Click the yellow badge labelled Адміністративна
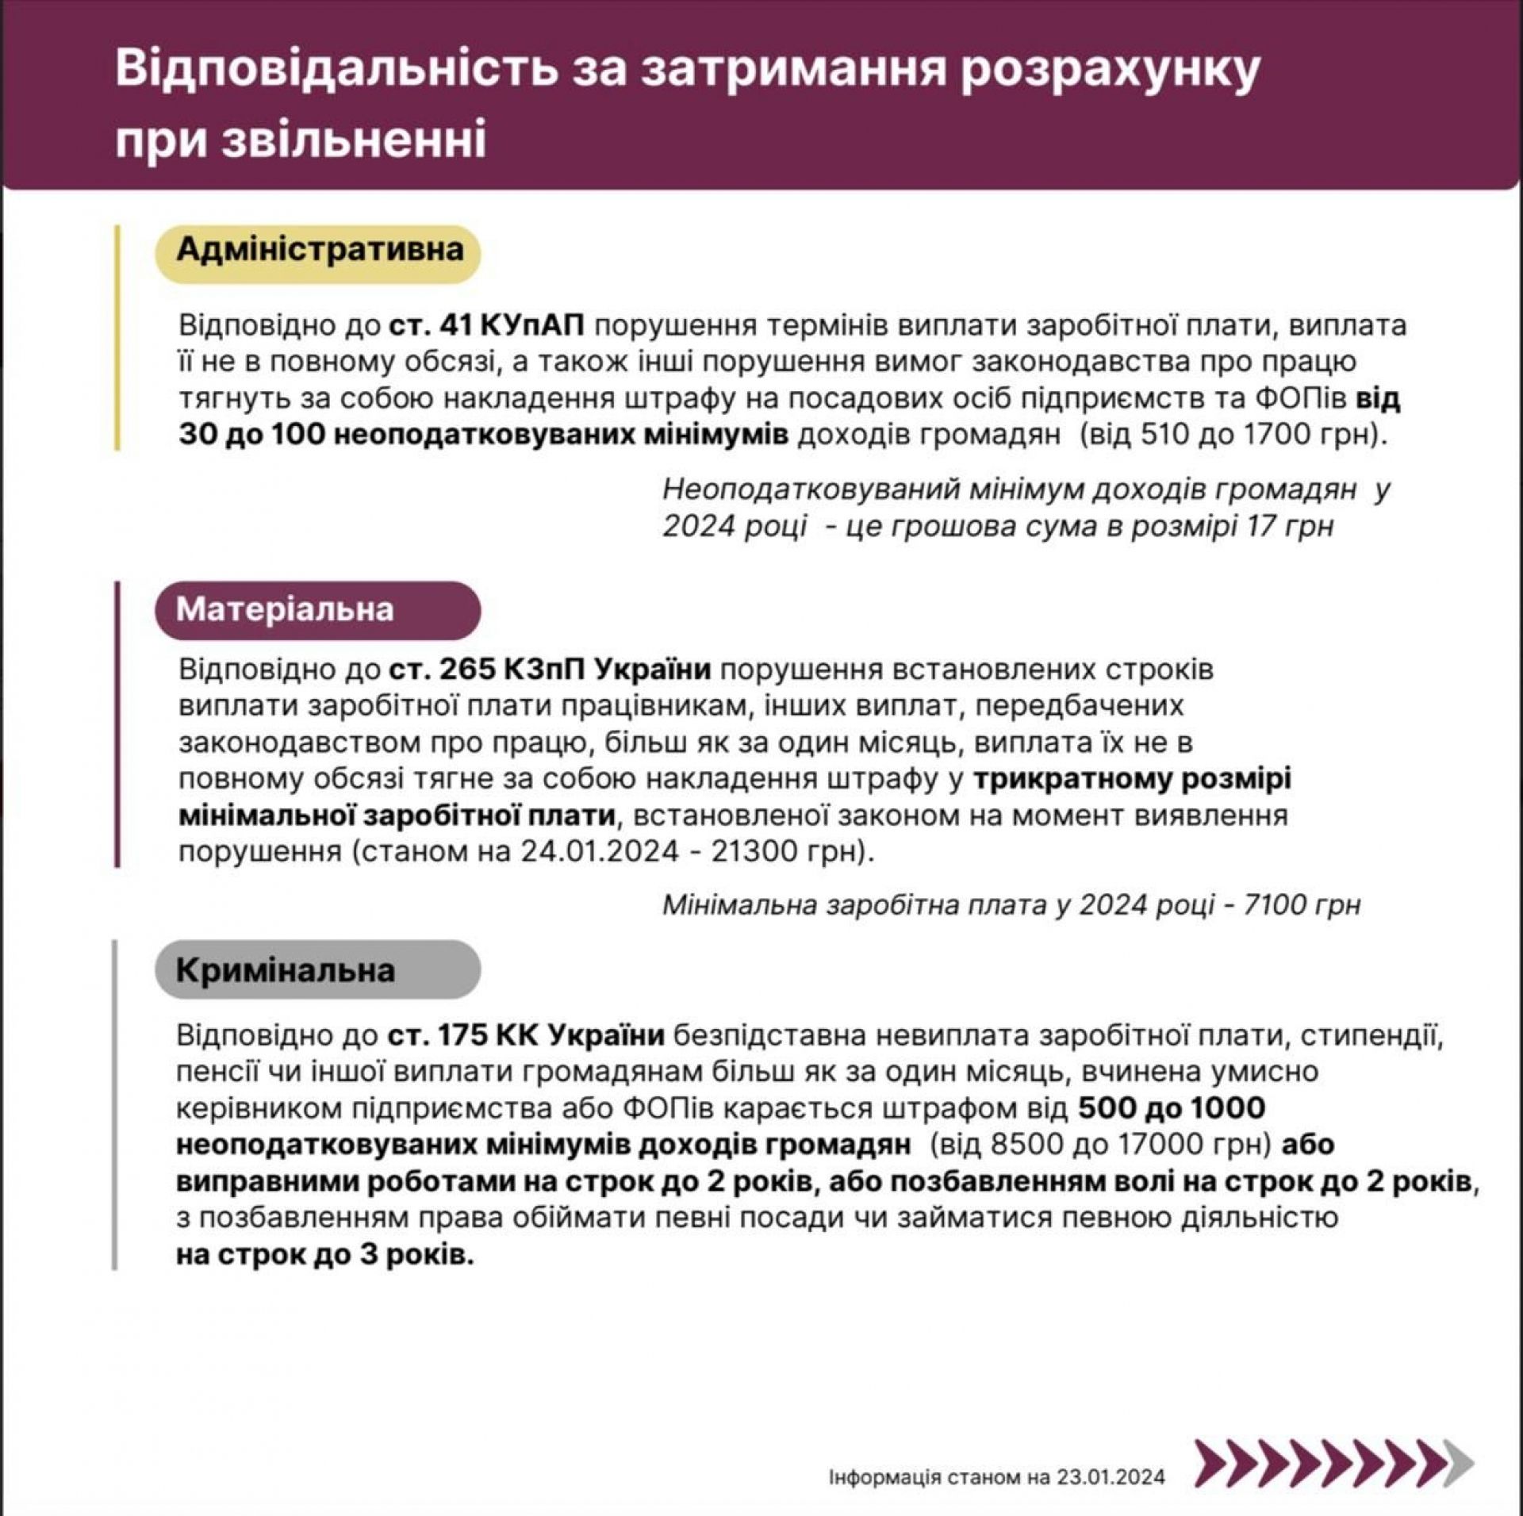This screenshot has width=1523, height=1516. pos(318,251)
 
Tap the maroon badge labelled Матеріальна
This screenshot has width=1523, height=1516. pos(317,610)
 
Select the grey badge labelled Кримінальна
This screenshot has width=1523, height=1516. pos(317,970)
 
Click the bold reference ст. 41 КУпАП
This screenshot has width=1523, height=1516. pos(486,325)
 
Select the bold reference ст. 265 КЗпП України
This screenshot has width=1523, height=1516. pos(550,670)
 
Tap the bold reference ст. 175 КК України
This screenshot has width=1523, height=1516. pos(526,1036)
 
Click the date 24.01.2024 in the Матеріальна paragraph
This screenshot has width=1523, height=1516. pos(600,852)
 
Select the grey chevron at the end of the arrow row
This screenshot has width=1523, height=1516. pos(1458,1463)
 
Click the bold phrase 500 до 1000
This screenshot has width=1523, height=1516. pos(1171,1109)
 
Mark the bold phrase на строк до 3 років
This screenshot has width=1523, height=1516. pos(324,1257)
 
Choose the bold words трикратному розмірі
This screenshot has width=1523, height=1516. pos(1132,779)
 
